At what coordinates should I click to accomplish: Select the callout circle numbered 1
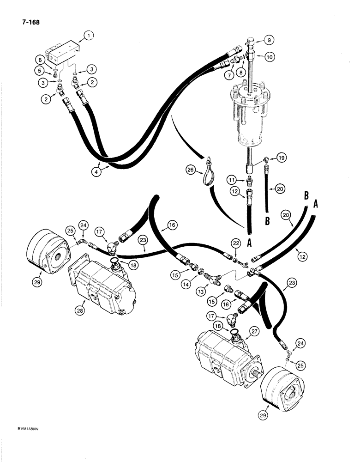89,34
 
